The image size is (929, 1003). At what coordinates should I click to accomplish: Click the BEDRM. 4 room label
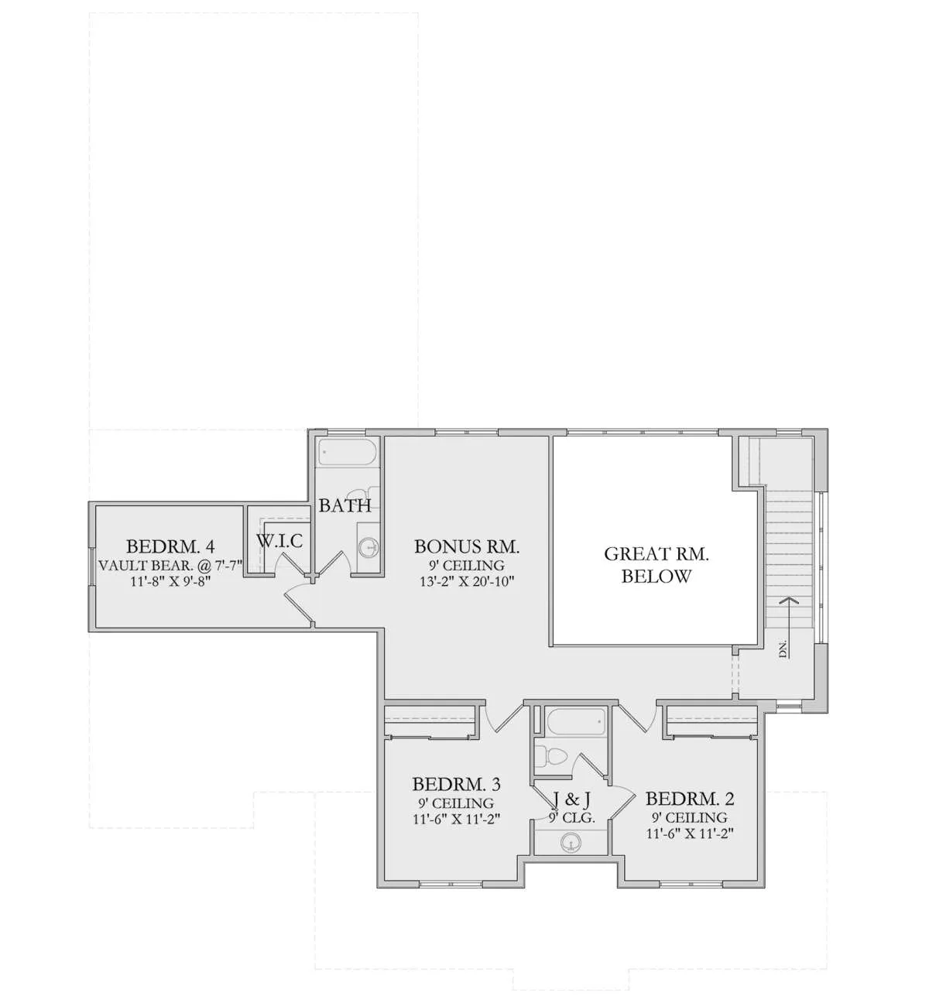(x=170, y=546)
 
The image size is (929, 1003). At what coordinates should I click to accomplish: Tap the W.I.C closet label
(x=279, y=541)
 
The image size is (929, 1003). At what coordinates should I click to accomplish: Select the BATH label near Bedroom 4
(x=345, y=505)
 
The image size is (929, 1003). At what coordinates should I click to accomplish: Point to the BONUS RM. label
(x=467, y=546)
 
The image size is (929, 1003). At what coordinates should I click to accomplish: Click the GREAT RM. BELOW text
(x=656, y=565)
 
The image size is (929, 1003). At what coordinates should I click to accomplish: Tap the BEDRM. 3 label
(x=456, y=784)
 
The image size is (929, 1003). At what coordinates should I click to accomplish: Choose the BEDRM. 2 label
(x=690, y=799)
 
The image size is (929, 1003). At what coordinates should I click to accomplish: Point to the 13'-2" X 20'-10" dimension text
(x=467, y=581)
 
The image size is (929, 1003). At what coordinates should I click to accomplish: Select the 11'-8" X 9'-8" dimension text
(x=170, y=581)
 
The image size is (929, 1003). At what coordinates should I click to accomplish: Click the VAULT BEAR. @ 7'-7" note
(x=170, y=565)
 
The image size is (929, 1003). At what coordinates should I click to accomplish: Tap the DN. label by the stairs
(x=783, y=649)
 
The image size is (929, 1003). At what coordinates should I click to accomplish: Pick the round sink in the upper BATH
(x=368, y=546)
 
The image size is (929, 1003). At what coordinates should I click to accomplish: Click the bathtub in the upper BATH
(x=348, y=452)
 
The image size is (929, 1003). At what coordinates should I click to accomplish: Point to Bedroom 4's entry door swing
(x=300, y=601)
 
